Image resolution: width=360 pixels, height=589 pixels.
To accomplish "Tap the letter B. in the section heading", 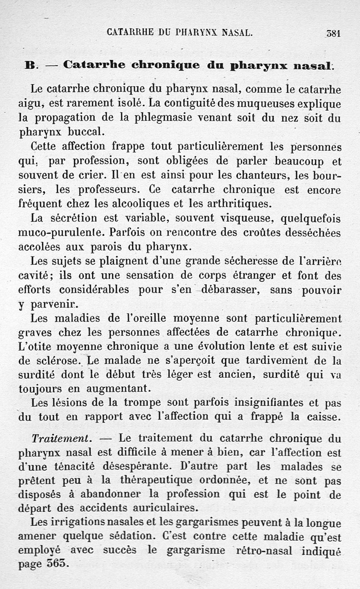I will [32, 65].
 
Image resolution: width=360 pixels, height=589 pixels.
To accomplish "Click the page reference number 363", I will [56, 564].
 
